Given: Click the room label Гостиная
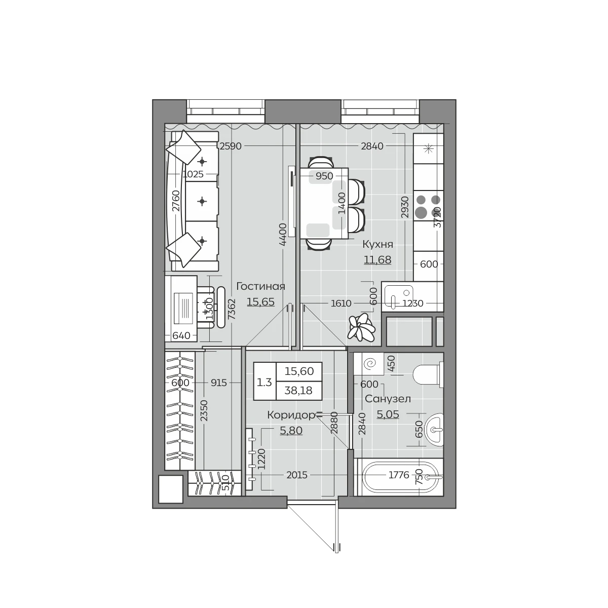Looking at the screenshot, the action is pyautogui.click(x=260, y=286).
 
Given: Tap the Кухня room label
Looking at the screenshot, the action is pyautogui.click(x=377, y=244).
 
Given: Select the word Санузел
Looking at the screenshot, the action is pyautogui.click(x=388, y=399).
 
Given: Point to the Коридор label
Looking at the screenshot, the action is pyautogui.click(x=291, y=415).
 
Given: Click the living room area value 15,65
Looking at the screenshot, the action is pyautogui.click(x=260, y=302).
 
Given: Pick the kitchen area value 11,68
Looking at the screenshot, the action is pyautogui.click(x=377, y=260).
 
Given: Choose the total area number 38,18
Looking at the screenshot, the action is pyautogui.click(x=298, y=391).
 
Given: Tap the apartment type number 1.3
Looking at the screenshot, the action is pyautogui.click(x=264, y=383).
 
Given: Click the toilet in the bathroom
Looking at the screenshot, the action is pyautogui.click(x=428, y=375).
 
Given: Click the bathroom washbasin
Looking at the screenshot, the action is pyautogui.click(x=434, y=430).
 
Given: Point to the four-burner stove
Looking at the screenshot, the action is pyautogui.click(x=428, y=206).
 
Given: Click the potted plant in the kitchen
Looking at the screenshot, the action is pyautogui.click(x=361, y=328).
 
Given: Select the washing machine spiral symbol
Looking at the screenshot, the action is pyautogui.click(x=369, y=364).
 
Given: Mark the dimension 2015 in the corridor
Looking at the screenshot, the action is pyautogui.click(x=297, y=475).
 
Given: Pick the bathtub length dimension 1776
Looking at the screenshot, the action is pyautogui.click(x=399, y=475).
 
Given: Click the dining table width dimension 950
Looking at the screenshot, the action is pyautogui.click(x=324, y=176).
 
